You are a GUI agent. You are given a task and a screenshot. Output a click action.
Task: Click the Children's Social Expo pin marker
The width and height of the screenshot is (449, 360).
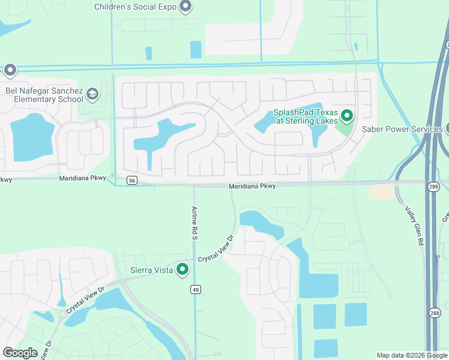[x=185, y=7]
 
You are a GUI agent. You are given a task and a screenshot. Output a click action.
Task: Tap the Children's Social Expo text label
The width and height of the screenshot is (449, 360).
[x=136, y=7]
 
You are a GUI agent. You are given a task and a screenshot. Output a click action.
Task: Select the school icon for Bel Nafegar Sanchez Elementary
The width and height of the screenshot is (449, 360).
[x=92, y=94]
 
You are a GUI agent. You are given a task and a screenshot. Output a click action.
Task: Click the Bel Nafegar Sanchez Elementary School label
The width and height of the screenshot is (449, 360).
[x=44, y=95]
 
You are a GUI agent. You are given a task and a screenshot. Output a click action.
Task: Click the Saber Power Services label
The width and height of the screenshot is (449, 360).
[x=402, y=128]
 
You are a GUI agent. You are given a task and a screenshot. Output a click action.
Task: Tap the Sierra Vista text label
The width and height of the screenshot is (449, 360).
[x=151, y=270]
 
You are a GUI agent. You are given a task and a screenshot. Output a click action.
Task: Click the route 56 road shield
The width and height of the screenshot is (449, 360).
[x=132, y=180]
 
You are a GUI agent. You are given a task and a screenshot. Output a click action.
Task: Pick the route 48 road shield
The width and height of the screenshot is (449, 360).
[x=196, y=290]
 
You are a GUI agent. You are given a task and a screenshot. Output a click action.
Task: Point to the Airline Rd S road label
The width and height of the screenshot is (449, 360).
[x=194, y=223]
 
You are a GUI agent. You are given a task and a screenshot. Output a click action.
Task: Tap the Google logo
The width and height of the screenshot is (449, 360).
[x=20, y=353]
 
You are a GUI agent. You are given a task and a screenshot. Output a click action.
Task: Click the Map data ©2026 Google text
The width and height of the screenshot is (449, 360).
[x=411, y=355]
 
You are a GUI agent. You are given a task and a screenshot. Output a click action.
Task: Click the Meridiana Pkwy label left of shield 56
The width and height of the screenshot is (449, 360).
[x=82, y=178]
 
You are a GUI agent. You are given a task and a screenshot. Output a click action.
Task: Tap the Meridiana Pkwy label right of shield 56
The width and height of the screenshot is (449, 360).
[x=252, y=187]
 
